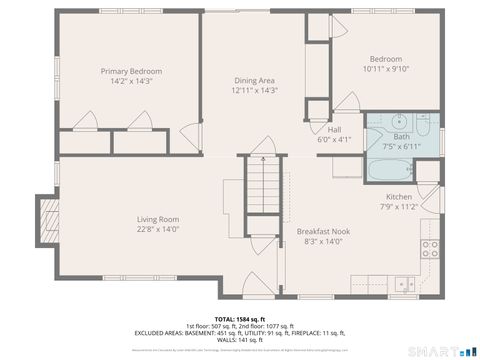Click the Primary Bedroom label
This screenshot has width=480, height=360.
pos(131,71)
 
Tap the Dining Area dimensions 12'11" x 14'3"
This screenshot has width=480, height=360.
pos(254,90)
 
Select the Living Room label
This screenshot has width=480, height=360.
pos(158,219)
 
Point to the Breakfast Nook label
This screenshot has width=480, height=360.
pos(322,230)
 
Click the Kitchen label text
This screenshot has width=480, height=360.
pos(397,197)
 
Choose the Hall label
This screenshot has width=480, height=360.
pos(335,129)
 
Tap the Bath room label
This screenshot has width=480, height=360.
pos(401,136)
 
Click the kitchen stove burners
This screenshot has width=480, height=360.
pos(430,248)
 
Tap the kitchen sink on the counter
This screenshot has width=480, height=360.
pos(405,283)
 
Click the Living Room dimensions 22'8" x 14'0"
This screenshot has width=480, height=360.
pos(158,229)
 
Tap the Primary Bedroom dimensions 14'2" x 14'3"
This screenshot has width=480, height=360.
pos(131,81)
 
